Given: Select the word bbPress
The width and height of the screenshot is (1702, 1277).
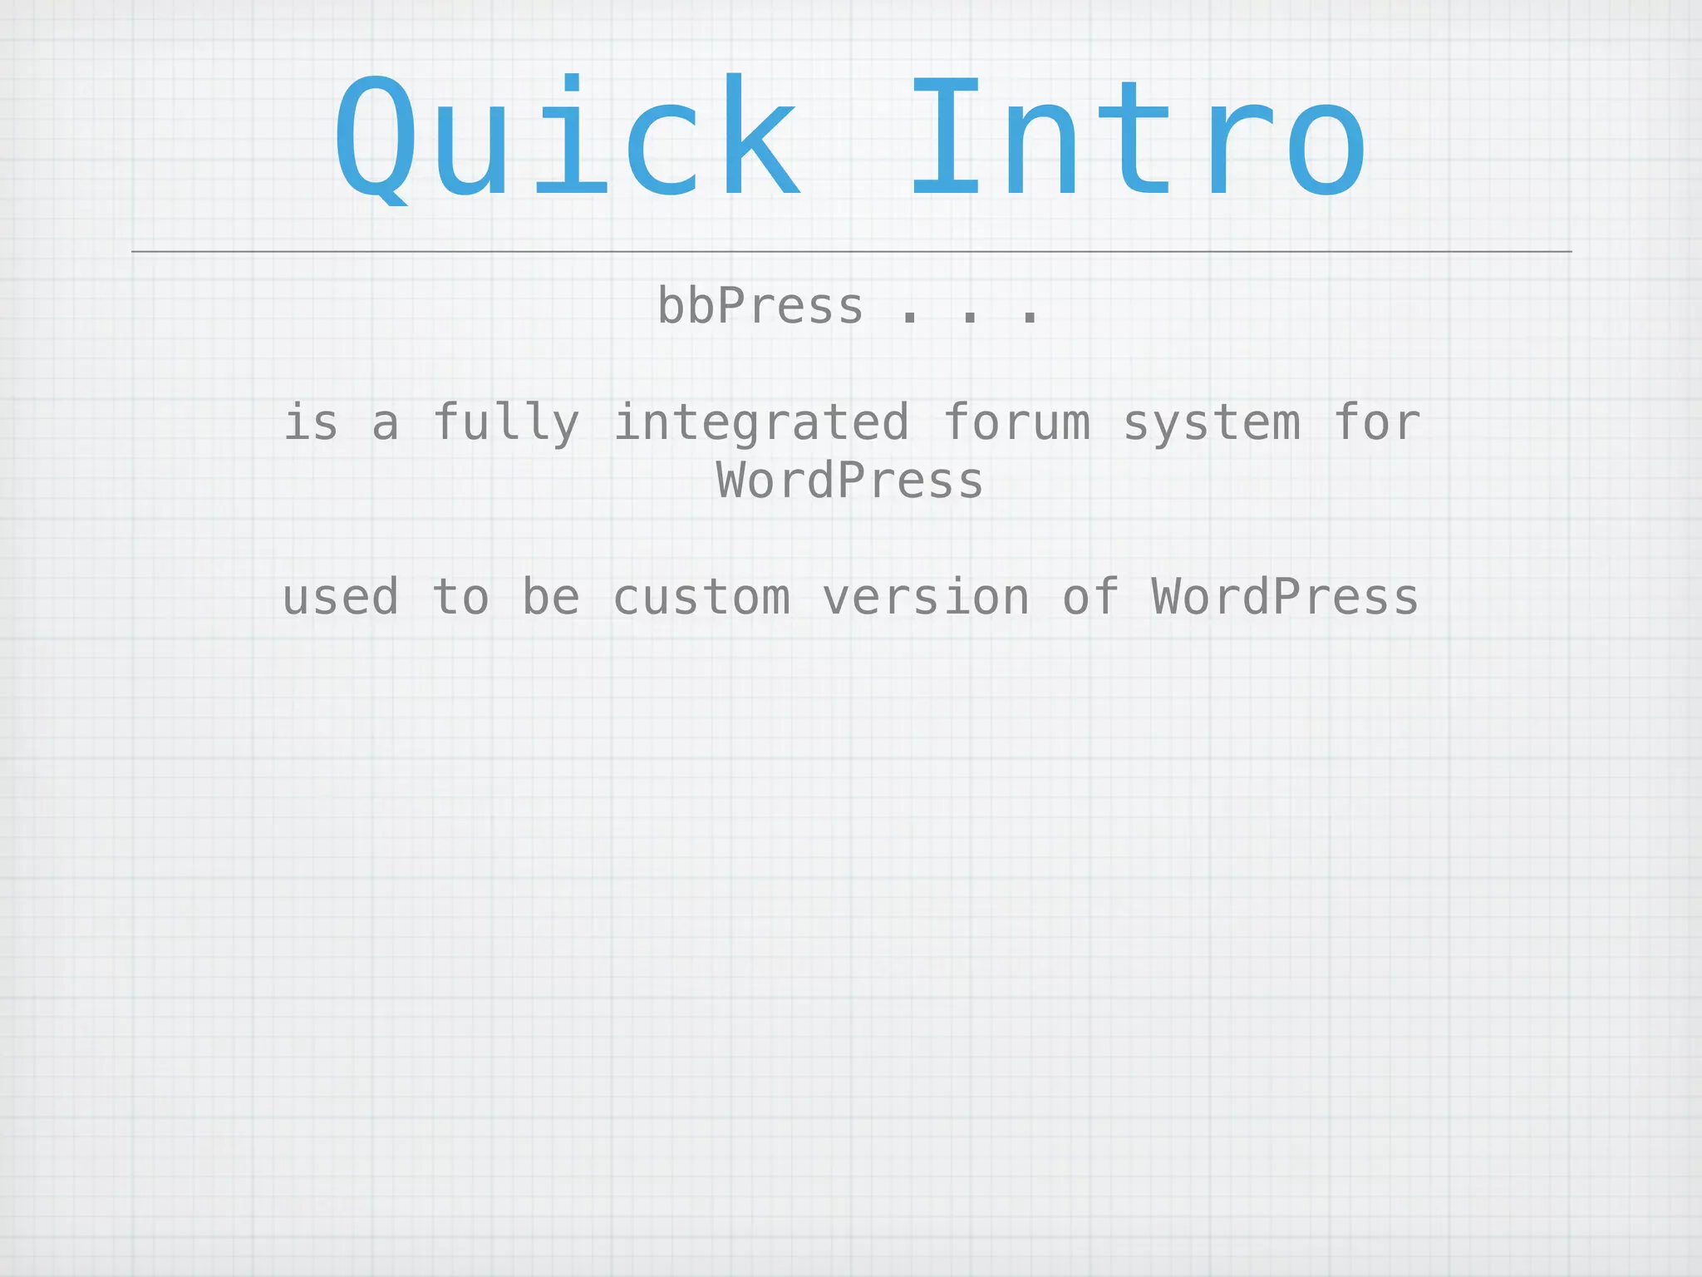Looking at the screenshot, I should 760,307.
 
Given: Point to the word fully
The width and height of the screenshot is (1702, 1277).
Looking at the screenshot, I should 506,423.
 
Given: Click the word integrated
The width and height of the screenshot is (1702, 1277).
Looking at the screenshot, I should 761,423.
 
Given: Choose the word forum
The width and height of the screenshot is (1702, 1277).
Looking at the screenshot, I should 1016,423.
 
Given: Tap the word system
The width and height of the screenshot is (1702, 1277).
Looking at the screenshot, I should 1212,423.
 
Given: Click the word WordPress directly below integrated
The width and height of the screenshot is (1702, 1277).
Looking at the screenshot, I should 849,481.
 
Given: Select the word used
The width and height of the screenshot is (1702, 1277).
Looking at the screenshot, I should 341,598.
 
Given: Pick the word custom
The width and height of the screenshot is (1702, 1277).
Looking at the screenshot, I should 701,598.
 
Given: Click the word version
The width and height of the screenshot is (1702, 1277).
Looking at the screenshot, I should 926,598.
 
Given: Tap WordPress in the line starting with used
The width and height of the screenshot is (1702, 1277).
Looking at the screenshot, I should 1285,598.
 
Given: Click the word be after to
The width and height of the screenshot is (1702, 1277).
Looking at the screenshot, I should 550,598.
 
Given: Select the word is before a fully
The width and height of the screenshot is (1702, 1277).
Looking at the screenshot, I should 311,423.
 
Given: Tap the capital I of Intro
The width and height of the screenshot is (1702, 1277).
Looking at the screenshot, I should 946,137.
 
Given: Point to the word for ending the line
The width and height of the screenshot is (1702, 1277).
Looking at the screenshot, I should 1376,423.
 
